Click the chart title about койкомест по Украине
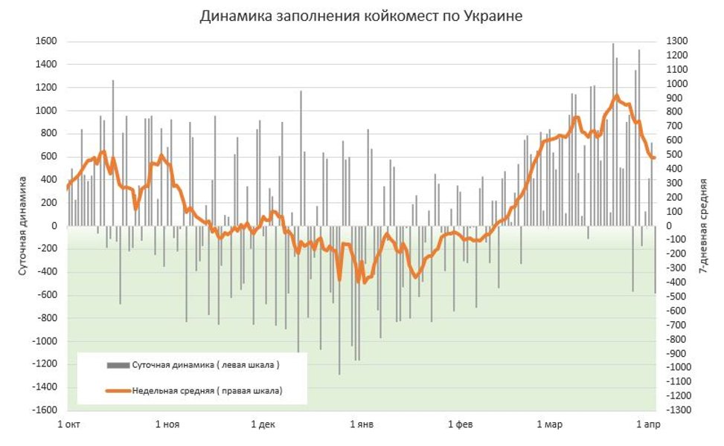point(362,16)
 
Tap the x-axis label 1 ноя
point(167,425)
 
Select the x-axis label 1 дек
point(263,425)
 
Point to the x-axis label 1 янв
point(362,425)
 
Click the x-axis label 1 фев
point(461,425)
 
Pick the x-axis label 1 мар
point(549,425)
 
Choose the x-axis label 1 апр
point(647,425)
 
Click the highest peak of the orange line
point(616,95)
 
